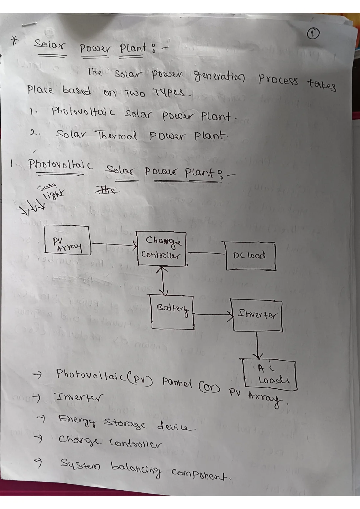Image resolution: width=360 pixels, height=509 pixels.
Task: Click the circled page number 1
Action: coord(313,34)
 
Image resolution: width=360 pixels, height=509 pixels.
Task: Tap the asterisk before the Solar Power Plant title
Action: coord(15,41)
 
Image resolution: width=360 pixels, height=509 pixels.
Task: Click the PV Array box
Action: coord(67,240)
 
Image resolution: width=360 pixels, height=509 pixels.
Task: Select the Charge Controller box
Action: coord(162,248)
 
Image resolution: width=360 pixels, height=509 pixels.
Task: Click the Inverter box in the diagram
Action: coord(257,315)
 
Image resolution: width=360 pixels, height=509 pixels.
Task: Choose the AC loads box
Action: coord(270,375)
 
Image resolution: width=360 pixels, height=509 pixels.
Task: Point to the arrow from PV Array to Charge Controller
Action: coord(114,244)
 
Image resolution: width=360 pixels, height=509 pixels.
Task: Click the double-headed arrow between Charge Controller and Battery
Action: coord(163,280)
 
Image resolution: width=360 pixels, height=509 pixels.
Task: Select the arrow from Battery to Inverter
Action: coord(213,315)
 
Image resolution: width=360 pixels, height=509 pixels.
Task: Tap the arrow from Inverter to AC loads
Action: coord(257,345)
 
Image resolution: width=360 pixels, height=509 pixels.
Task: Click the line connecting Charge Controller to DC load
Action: coord(206,253)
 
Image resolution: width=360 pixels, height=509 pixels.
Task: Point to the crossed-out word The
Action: coord(107,189)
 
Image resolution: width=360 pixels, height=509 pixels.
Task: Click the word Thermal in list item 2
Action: coord(117,135)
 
